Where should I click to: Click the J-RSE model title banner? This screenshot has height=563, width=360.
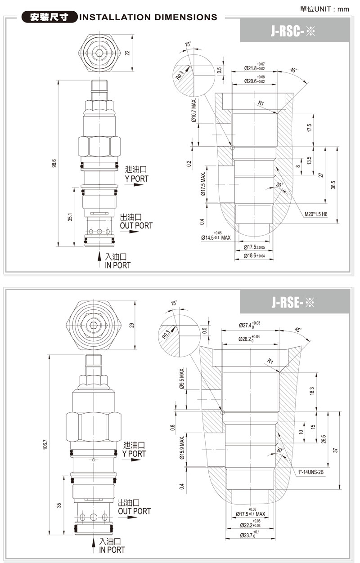pos(295,301)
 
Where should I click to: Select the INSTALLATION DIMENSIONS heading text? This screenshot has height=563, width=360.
pos(148,18)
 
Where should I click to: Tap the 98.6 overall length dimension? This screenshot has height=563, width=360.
pos(54,163)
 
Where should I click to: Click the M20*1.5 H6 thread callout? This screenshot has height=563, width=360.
pos(315,214)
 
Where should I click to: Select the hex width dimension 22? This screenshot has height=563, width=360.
pos(128,53)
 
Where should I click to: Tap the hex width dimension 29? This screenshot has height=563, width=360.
pos(132,325)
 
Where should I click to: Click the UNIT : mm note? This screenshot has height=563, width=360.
pos(330,9)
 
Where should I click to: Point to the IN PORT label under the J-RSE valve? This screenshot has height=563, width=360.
pos(112,550)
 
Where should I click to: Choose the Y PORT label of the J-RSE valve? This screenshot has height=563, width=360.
pos(134,454)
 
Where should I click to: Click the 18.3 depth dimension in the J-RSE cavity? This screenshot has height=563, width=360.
pos(312,391)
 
